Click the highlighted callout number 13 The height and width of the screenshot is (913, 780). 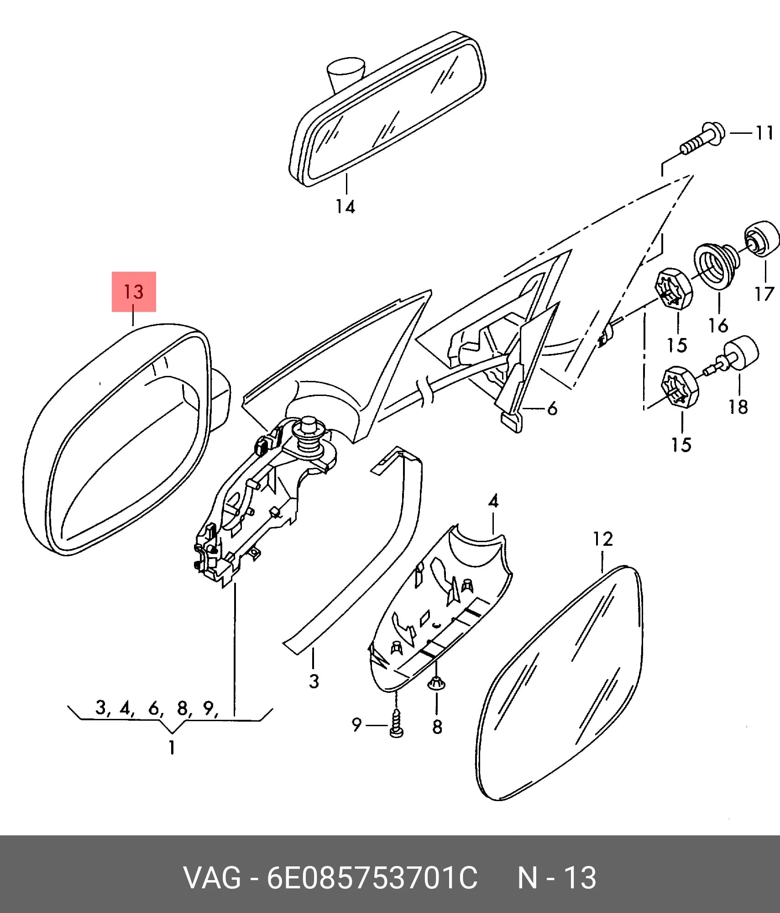coord(134,292)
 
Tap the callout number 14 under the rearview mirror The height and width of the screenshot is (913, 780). coord(346,207)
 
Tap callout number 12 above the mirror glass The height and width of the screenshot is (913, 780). coord(603,539)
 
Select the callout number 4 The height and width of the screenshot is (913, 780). coord(493,501)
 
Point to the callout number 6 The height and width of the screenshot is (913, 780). coord(552,408)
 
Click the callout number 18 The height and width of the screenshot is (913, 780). coord(738,406)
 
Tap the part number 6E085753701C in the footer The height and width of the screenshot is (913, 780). coord(372,878)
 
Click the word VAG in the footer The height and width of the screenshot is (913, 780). coord(212,878)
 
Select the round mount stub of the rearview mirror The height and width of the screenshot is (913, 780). coord(346,73)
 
